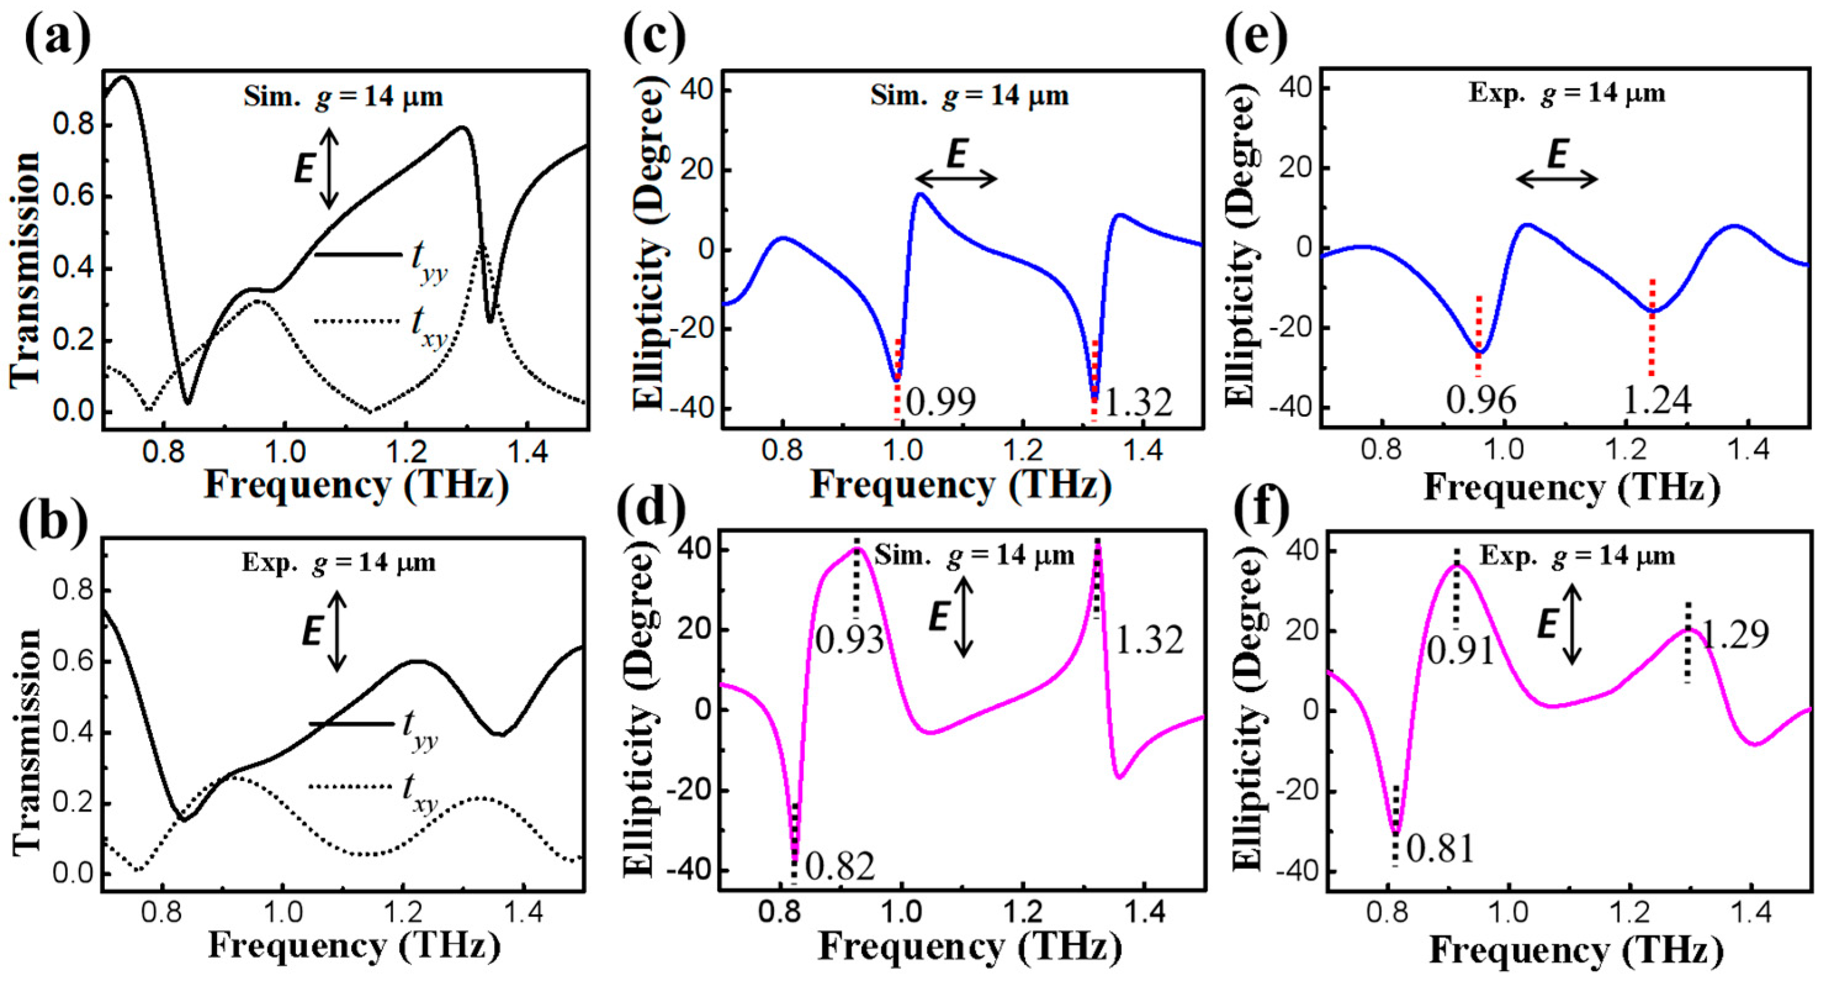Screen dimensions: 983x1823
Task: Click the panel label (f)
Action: tap(1261, 509)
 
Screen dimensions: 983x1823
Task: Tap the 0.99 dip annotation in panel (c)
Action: tap(941, 402)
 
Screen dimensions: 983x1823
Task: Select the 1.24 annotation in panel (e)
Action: tap(1656, 401)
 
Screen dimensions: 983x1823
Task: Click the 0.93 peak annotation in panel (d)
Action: tap(849, 640)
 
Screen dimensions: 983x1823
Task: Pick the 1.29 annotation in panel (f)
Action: tap(1733, 634)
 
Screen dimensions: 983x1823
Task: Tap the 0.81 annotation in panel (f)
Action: tap(1440, 849)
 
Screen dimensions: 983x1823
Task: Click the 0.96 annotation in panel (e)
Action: tap(1481, 401)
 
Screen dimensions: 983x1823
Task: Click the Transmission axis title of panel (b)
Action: tap(27, 740)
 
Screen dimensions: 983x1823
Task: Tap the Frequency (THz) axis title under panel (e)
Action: tap(1571, 487)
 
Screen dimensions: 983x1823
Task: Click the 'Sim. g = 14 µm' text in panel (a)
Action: tap(343, 96)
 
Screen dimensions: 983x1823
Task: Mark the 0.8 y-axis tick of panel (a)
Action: tap(73, 126)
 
